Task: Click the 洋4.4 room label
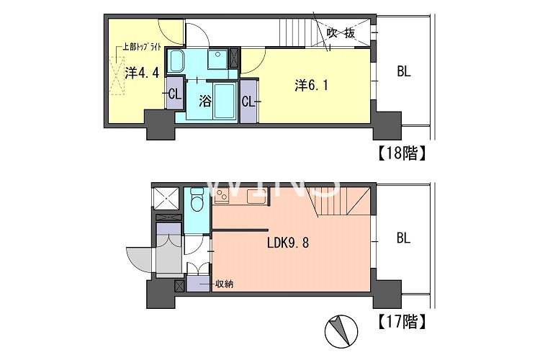pyautogui.click(x=142, y=73)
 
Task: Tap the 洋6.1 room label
pyautogui.click(x=311, y=86)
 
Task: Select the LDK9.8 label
pyautogui.click(x=288, y=243)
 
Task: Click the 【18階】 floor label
pyautogui.click(x=402, y=153)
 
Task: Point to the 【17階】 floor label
pyautogui.click(x=402, y=321)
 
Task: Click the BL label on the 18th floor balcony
pyautogui.click(x=404, y=72)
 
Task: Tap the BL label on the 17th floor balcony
pyautogui.click(x=404, y=238)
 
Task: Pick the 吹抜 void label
pyautogui.click(x=341, y=33)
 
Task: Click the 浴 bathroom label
pyautogui.click(x=205, y=101)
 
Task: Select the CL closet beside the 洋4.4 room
pyautogui.click(x=174, y=94)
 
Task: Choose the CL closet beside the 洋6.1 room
pyautogui.click(x=249, y=102)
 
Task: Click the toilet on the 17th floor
pyautogui.click(x=197, y=199)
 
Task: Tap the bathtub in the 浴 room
pyautogui.click(x=225, y=101)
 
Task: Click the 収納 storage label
pyautogui.click(x=224, y=284)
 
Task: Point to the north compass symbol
pyautogui.click(x=341, y=331)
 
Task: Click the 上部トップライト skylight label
pyautogui.click(x=143, y=48)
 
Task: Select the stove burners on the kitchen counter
pyautogui.click(x=221, y=197)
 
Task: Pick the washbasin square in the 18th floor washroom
pyautogui.click(x=217, y=59)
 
